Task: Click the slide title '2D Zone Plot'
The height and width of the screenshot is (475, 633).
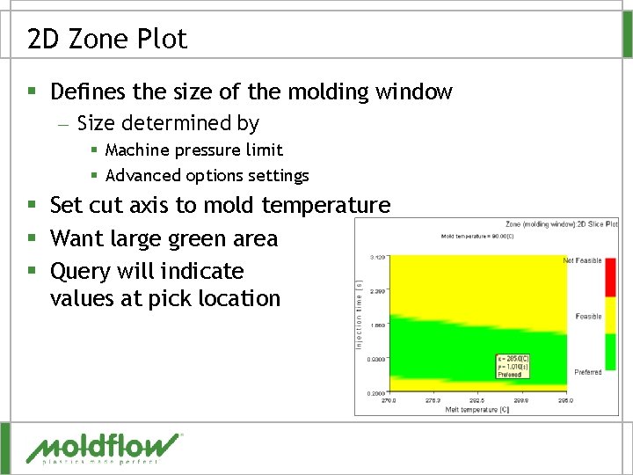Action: click(x=107, y=39)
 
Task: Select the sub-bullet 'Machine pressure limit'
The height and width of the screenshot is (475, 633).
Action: click(x=193, y=150)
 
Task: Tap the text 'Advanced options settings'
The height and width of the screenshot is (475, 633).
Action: click(x=207, y=176)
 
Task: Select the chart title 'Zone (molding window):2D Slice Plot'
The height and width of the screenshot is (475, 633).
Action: click(x=561, y=223)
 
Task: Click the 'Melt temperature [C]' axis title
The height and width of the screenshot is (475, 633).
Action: click(x=476, y=409)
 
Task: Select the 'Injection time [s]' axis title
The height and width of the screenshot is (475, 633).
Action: click(x=359, y=313)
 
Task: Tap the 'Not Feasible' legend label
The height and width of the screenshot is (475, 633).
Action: click(x=582, y=260)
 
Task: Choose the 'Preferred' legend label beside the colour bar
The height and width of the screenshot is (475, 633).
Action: click(x=587, y=372)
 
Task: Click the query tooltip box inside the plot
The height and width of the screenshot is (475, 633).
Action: click(x=513, y=366)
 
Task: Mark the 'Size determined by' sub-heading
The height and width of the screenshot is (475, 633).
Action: click(x=168, y=123)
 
